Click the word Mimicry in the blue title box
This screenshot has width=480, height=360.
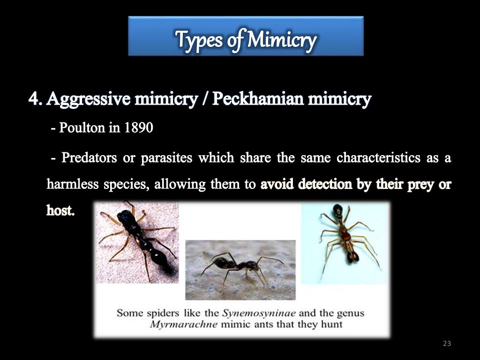tap(282, 40)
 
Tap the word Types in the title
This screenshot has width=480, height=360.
tap(195, 40)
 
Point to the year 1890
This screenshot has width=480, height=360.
tap(138, 127)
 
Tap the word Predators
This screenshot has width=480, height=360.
tap(90, 158)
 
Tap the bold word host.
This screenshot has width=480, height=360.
tap(60, 210)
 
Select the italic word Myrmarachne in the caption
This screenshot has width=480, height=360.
tap(184, 324)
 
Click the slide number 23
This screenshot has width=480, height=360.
tap(447, 344)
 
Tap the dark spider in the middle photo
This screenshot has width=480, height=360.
tap(237, 266)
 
